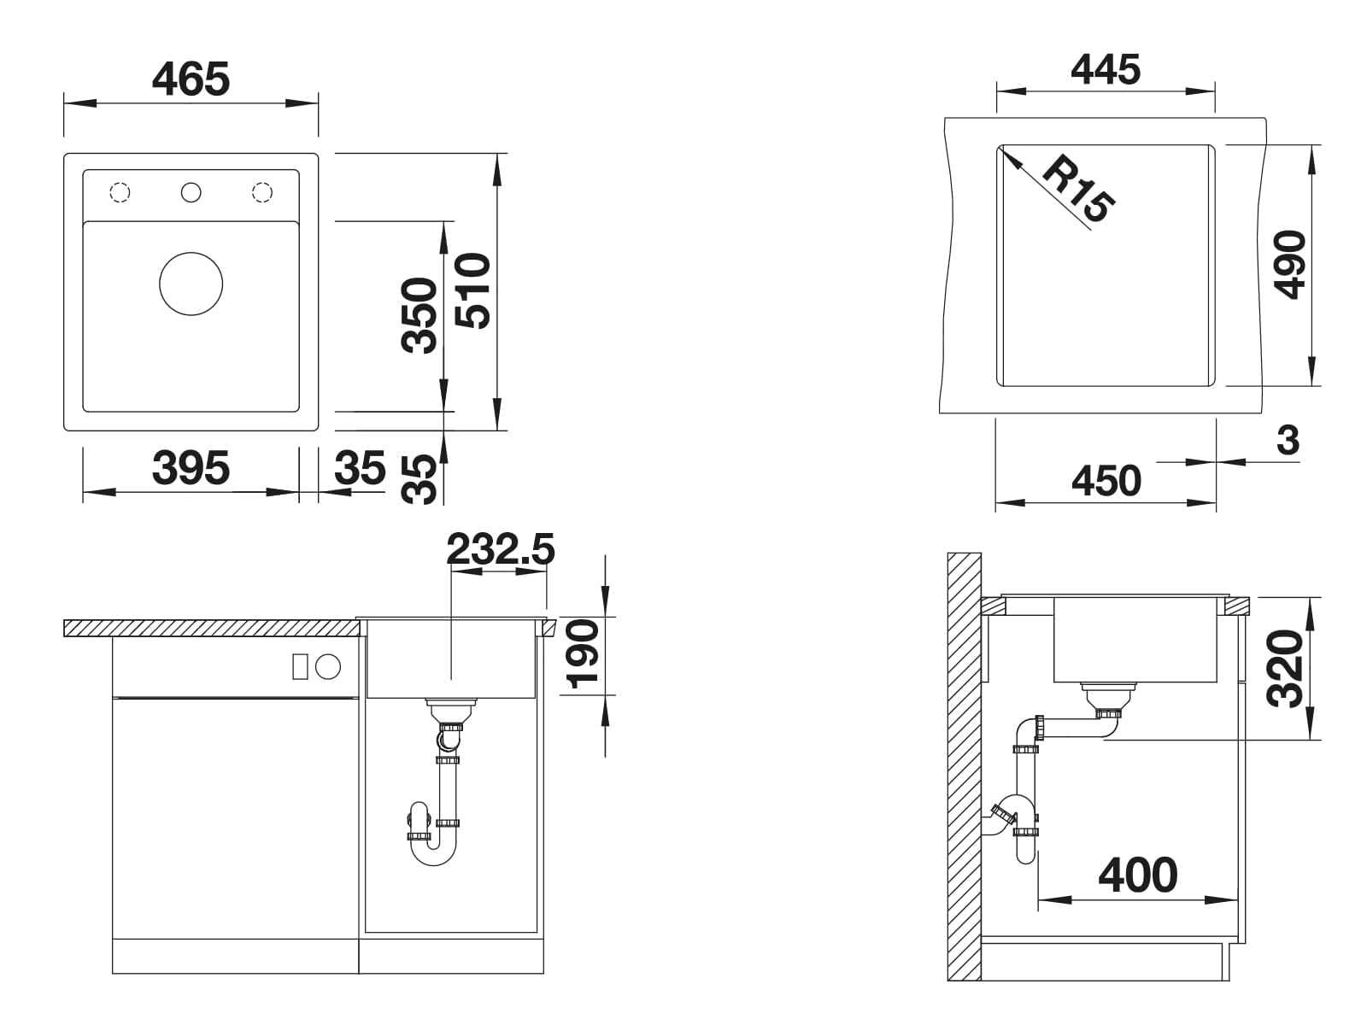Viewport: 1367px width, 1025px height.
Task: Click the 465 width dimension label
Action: [x=191, y=79]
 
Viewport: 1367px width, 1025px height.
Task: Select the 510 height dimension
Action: [x=473, y=290]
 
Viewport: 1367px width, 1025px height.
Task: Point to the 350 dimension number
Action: [x=419, y=315]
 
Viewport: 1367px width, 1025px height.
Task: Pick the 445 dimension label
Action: [x=1106, y=69]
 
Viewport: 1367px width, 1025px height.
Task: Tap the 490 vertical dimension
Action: [x=1289, y=265]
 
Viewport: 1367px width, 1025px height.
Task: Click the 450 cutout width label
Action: [x=1106, y=480]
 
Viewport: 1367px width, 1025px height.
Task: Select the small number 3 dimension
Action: [x=1288, y=440]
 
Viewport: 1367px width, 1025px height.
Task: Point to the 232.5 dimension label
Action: [x=501, y=549]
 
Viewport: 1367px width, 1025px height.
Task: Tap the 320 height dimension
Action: [x=1285, y=669]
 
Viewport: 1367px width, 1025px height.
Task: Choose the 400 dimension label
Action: [x=1138, y=875]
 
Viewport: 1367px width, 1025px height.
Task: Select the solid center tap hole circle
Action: [x=191, y=192]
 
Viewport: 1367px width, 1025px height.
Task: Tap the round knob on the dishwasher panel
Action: [x=327, y=667]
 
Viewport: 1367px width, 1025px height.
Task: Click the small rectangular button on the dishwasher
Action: [x=300, y=666]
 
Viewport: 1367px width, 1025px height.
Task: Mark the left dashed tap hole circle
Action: [x=120, y=192]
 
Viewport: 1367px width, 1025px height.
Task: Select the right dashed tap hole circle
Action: [x=262, y=192]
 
